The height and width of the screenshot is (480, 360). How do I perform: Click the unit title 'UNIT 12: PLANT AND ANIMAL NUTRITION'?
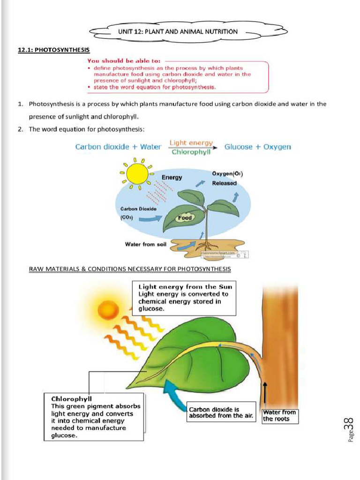(178, 32)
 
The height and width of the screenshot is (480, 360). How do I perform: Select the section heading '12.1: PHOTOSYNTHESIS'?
(54, 50)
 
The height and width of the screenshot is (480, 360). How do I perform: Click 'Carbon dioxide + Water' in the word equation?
(118, 147)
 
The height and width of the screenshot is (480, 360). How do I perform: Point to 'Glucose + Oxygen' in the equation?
(258, 147)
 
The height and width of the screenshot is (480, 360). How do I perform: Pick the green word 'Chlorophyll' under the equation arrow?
(191, 152)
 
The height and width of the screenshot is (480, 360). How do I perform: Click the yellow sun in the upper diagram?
(137, 173)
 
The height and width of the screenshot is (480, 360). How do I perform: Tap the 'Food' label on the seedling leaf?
(185, 218)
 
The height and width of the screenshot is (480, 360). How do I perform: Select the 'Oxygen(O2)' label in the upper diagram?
(227, 173)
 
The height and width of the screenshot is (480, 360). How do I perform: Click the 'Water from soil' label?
(146, 244)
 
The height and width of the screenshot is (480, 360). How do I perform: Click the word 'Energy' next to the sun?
(172, 177)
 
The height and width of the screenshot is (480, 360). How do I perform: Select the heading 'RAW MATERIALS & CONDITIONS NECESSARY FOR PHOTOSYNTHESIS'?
(130, 269)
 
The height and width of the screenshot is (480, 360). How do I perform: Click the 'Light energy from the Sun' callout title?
(185, 286)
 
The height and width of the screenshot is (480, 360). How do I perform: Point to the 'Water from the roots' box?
(279, 415)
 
